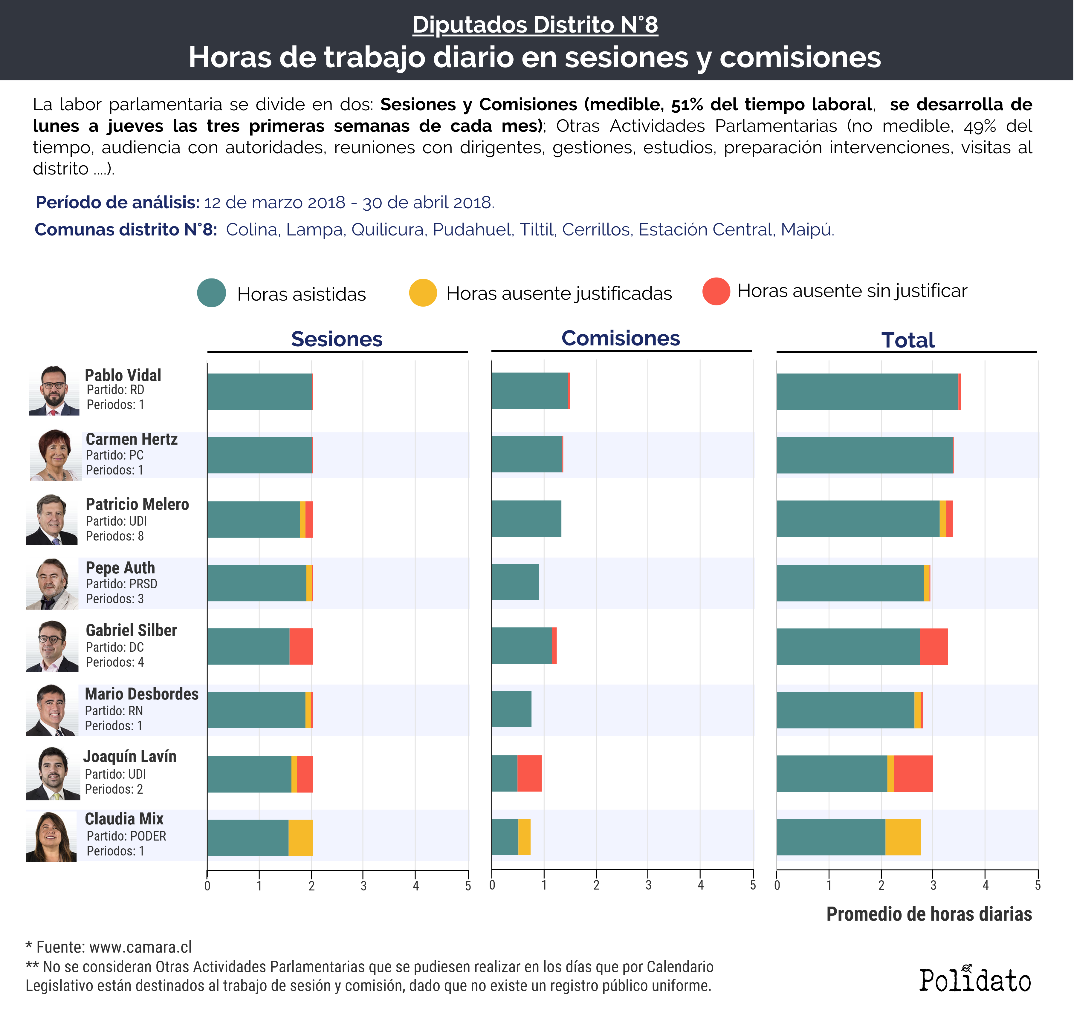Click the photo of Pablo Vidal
click(x=54, y=390)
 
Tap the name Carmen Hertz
click(x=132, y=439)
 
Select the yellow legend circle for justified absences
click(x=423, y=293)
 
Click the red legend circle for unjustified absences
click(x=716, y=291)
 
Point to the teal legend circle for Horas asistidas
click(x=211, y=293)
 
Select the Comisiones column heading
click(x=621, y=338)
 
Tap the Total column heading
click(x=908, y=340)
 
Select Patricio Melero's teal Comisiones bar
click(x=526, y=518)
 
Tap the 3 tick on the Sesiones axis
click(x=363, y=885)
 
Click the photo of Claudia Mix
click(x=51, y=836)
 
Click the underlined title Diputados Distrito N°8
click(x=535, y=25)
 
